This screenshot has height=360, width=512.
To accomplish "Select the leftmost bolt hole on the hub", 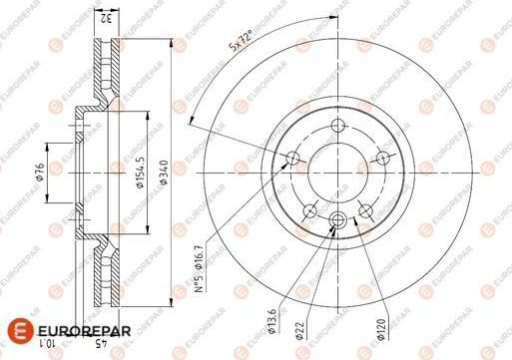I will point(291,158).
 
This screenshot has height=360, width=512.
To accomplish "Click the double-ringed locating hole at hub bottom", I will point(336,221).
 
